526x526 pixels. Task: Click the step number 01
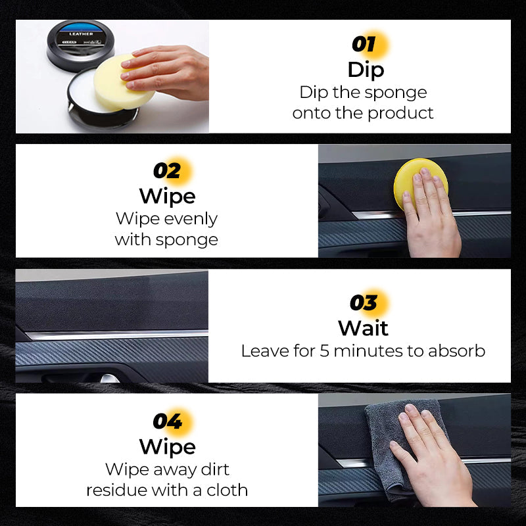[x=364, y=45]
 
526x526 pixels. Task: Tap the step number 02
[x=167, y=171]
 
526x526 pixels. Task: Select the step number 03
[x=364, y=303]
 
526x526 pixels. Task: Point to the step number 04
[x=167, y=421]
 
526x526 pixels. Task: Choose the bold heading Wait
[x=364, y=327]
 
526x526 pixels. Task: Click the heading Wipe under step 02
[x=167, y=196]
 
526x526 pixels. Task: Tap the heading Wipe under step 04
[x=167, y=446]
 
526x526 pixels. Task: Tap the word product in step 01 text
[x=400, y=113]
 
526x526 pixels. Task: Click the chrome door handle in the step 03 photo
[x=108, y=377]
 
